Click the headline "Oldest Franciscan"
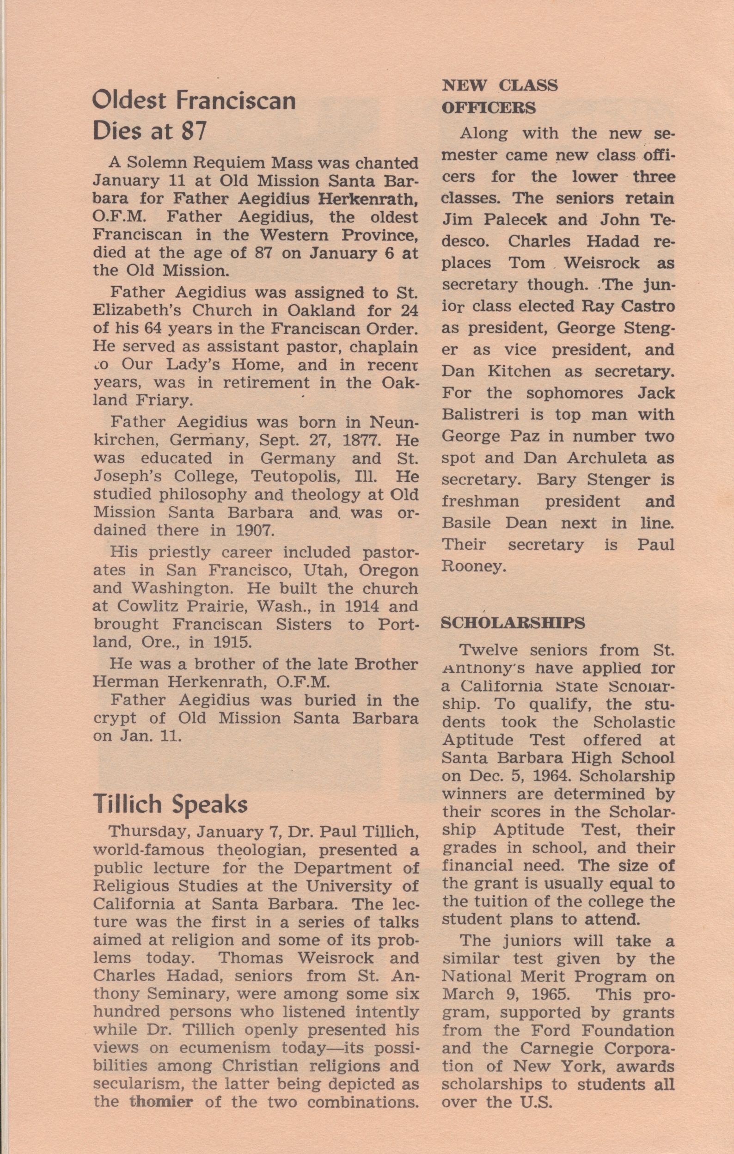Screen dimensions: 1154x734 click(194, 102)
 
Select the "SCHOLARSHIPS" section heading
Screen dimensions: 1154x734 click(513, 623)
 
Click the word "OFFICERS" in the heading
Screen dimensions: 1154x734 click(488, 108)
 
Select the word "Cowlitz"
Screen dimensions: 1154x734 click(141, 606)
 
